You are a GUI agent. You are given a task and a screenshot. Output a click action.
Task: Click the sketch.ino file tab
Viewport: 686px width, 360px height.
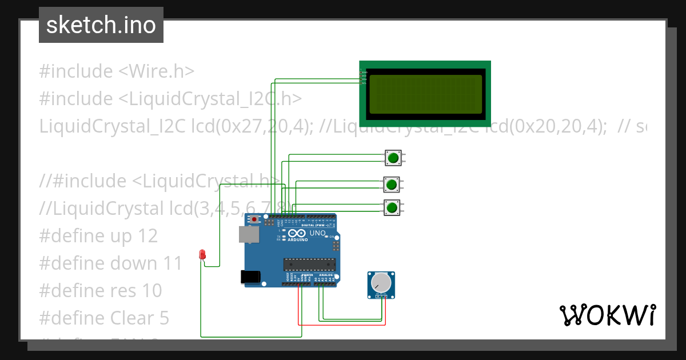coord(101,25)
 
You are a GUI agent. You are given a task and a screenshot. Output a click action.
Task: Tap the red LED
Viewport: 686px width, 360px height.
coord(202,255)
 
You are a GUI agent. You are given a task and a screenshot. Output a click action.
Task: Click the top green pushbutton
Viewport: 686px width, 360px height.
coord(393,158)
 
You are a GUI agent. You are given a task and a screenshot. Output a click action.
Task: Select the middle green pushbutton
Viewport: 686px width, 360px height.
coord(392,184)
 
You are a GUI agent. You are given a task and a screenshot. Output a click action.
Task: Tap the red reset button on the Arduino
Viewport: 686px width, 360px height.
coord(254,219)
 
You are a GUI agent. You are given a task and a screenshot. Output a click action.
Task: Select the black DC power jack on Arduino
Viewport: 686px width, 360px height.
coord(250,277)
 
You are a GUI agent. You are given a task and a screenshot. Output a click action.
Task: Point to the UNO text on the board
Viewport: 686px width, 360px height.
coord(317,233)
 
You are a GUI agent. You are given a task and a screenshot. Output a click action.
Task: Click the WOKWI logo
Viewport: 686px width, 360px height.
coord(607,315)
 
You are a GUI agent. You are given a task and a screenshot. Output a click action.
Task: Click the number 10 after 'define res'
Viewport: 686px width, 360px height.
coord(151,291)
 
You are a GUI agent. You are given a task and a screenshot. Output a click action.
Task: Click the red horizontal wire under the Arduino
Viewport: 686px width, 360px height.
coord(343,325)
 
